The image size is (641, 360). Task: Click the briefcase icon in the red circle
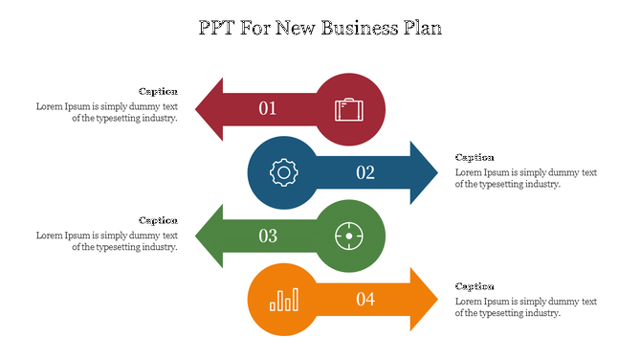tap(349, 108)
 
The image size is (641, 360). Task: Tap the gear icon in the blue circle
tap(283, 172)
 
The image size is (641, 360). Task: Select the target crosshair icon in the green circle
tap(349, 236)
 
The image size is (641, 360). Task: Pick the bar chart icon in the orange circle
tap(283, 300)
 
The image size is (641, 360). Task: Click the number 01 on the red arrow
tap(268, 108)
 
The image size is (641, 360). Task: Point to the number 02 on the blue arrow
tap(365, 172)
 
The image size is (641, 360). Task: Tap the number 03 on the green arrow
tap(268, 236)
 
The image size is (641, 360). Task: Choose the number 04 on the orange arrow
tap(365, 300)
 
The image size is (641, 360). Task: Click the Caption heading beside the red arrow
tap(158, 91)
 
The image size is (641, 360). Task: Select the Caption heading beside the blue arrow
tap(475, 157)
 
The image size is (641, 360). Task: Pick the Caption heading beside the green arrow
tap(158, 220)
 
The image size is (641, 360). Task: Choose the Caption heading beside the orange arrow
tap(475, 286)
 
